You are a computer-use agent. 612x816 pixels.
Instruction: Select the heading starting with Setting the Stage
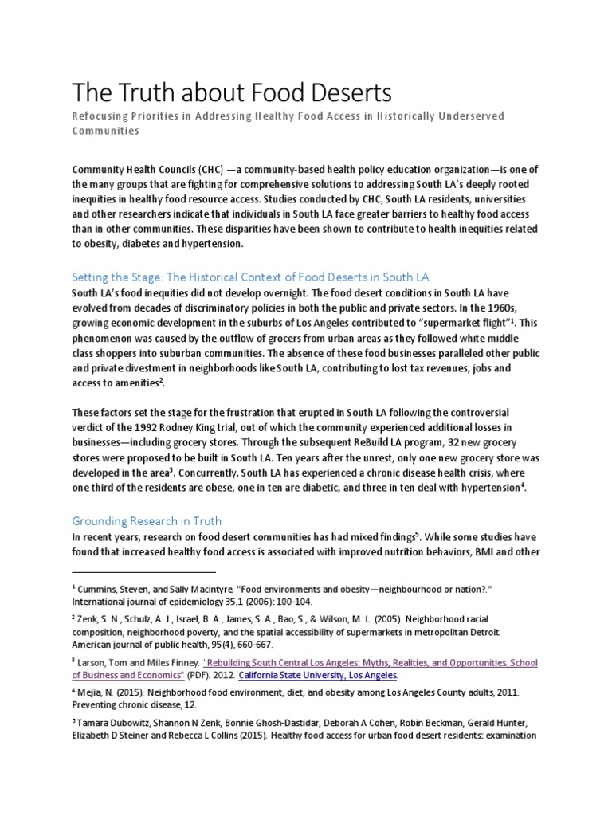point(250,277)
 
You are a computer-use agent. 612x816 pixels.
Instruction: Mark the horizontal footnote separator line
point(143,572)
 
